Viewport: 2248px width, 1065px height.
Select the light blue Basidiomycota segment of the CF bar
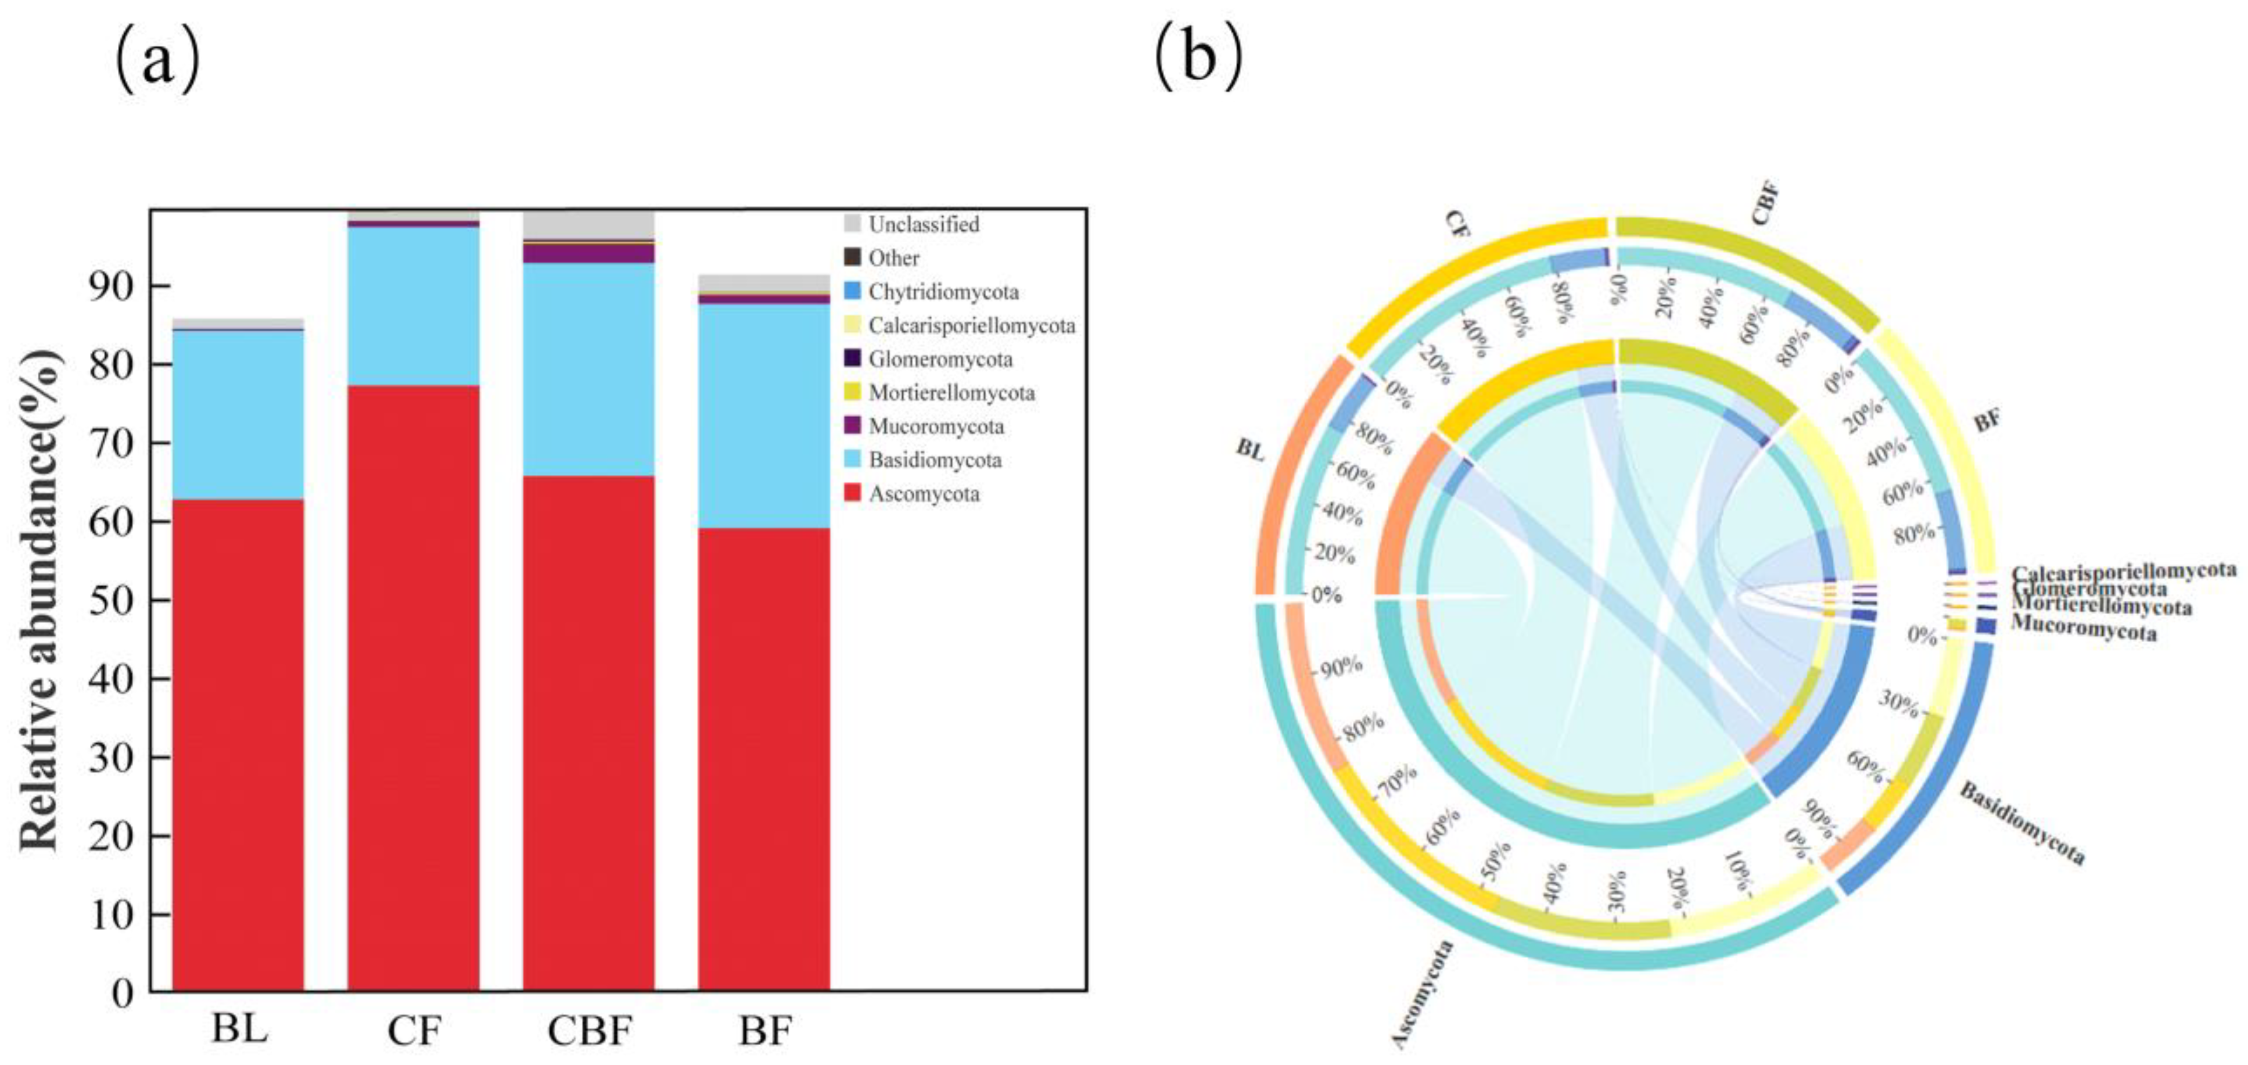click(x=414, y=306)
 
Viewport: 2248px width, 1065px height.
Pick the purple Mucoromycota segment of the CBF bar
click(x=588, y=253)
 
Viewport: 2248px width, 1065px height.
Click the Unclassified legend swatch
click(x=853, y=224)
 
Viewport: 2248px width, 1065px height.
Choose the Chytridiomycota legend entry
click(x=932, y=292)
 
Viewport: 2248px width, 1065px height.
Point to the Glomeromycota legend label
click(x=940, y=359)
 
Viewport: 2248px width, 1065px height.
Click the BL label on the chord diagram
click(x=1249, y=450)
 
